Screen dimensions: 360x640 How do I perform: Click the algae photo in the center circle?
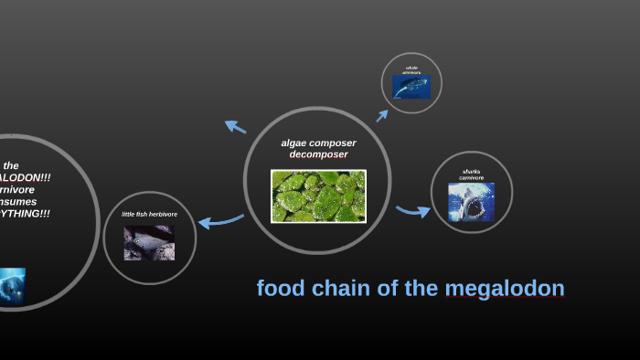point(318,196)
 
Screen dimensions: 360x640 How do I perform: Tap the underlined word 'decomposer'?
point(318,154)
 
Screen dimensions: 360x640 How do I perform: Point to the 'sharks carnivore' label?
point(471,174)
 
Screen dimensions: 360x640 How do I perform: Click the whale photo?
point(411,86)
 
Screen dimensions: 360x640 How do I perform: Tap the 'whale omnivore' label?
point(411,69)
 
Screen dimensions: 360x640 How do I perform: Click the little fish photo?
point(149,243)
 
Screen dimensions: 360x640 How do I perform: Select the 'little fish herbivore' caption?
point(149,215)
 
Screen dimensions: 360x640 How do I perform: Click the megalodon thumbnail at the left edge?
point(12,285)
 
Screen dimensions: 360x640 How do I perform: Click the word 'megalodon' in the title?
point(505,290)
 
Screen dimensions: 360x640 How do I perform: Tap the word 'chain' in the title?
point(341,290)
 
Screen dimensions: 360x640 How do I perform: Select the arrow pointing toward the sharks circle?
point(413,212)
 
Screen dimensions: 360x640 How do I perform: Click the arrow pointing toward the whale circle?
point(382,115)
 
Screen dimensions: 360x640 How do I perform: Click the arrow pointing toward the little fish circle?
point(220,221)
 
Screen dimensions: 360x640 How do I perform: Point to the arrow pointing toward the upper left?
point(235,127)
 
